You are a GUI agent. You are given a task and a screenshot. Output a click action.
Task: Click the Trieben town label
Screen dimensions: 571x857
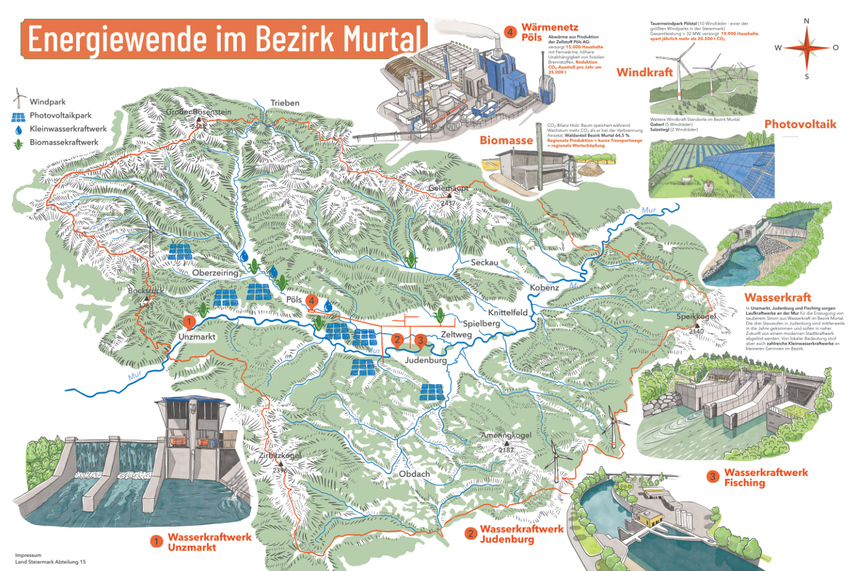click(x=284, y=103)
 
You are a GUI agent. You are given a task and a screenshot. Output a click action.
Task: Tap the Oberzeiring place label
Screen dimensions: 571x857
click(x=215, y=273)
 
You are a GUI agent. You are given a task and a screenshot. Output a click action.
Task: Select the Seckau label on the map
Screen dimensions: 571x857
click(x=484, y=262)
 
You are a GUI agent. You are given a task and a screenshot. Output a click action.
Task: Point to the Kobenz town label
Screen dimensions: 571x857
click(x=544, y=288)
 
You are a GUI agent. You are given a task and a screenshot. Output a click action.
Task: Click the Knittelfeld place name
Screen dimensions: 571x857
click(x=508, y=313)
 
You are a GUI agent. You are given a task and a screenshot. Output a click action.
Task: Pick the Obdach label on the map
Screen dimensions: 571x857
click(x=414, y=474)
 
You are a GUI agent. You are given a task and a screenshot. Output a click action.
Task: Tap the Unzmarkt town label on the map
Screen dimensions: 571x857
click(x=197, y=337)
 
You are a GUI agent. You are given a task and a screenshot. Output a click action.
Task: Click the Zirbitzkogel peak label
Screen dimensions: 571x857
click(x=280, y=456)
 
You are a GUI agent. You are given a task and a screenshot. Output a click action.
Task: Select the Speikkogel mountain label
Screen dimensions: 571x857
click(x=696, y=316)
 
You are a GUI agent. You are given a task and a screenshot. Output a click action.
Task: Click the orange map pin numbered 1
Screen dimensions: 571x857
click(x=189, y=322)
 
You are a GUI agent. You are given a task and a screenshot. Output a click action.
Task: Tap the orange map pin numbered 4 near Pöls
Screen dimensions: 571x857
click(x=311, y=301)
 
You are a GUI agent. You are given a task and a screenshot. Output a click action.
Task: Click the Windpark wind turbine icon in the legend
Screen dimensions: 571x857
click(x=19, y=98)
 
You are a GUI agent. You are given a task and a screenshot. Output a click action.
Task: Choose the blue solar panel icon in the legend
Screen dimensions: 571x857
click(x=18, y=117)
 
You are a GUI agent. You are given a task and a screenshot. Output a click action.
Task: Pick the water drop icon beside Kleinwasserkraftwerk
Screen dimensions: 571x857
click(x=18, y=130)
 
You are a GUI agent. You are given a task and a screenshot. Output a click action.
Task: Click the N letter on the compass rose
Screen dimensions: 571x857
click(x=806, y=21)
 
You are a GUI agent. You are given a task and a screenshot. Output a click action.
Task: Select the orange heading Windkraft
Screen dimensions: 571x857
click(x=645, y=73)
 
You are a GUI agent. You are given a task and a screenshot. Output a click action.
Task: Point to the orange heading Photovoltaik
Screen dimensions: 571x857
click(x=800, y=124)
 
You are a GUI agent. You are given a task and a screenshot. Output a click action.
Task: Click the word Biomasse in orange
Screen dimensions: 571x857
click(x=506, y=140)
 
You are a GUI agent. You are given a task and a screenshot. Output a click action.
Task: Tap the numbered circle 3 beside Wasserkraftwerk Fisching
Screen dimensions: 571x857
click(x=712, y=477)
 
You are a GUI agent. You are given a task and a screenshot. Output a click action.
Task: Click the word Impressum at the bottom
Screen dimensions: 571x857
click(x=28, y=555)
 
